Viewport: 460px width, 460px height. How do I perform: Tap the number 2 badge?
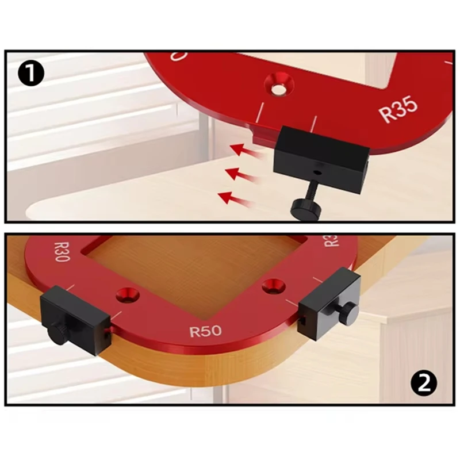(x=424, y=383)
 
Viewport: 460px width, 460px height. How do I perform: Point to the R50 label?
(x=205, y=331)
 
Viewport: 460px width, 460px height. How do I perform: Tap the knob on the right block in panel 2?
(x=348, y=313)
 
